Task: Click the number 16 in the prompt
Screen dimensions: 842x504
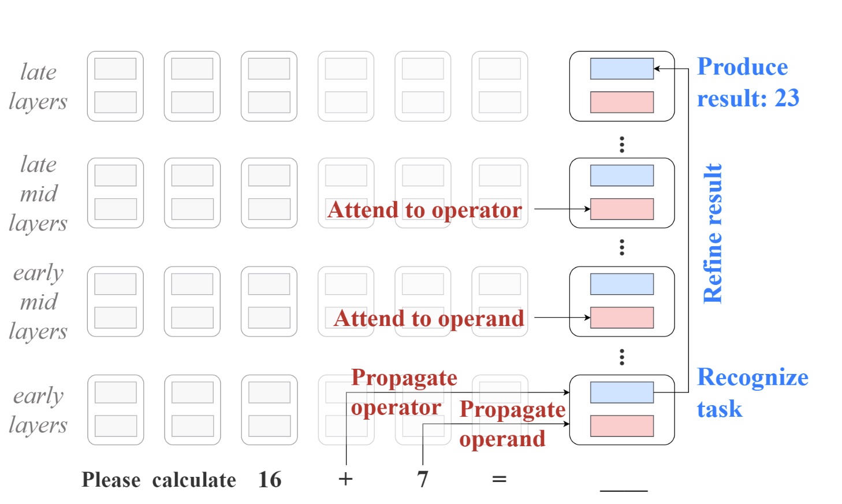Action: pyautogui.click(x=270, y=480)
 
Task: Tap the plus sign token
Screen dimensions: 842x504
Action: pyautogui.click(x=345, y=479)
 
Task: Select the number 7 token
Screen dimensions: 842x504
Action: pyautogui.click(x=423, y=480)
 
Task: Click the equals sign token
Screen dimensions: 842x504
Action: pyautogui.click(x=499, y=479)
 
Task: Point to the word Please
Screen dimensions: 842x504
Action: pyautogui.click(x=111, y=480)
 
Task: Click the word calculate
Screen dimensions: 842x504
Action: pyautogui.click(x=194, y=480)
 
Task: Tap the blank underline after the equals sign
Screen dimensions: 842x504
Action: pyautogui.click(x=624, y=491)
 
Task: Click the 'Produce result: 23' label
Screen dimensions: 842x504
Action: pyautogui.click(x=748, y=83)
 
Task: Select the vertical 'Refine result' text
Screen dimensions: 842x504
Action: pyautogui.click(x=713, y=234)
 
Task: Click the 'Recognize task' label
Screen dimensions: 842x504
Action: pyautogui.click(x=752, y=392)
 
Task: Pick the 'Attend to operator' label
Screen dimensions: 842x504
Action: pyautogui.click(x=425, y=209)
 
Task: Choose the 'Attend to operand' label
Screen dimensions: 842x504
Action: pyautogui.click(x=429, y=318)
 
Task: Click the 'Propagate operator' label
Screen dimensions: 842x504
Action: pyautogui.click(x=404, y=392)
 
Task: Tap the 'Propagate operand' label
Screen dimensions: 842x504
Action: pyautogui.click(x=512, y=424)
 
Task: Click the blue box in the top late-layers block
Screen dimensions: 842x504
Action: pyautogui.click(x=622, y=68)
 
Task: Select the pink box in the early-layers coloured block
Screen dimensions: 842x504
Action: pyautogui.click(x=622, y=426)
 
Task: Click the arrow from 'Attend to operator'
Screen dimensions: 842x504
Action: pyautogui.click(x=562, y=209)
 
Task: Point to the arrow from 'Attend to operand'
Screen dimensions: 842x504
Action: pyautogui.click(x=562, y=317)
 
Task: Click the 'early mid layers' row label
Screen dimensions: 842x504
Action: pyautogui.click(x=38, y=302)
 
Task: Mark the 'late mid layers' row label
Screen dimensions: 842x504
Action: pyautogui.click(x=38, y=194)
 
